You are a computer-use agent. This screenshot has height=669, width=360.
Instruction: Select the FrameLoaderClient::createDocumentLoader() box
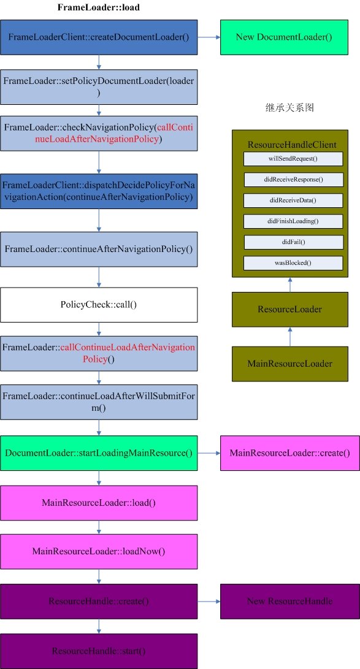pos(99,37)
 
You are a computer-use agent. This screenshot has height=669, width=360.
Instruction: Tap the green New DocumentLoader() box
pos(284,37)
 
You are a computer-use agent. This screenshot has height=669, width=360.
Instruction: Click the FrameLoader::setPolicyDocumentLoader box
pos(99,86)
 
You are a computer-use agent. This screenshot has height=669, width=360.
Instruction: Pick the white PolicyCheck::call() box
pos(99,304)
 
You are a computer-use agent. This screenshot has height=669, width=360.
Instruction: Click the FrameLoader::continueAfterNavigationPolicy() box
pos(99,249)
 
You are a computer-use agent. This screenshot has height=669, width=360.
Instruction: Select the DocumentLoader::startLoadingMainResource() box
pos(99,453)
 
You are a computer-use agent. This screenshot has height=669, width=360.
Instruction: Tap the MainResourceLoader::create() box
pos(289,453)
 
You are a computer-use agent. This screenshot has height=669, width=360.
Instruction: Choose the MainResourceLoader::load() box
pos(99,503)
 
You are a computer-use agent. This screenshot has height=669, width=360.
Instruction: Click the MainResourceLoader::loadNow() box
pos(99,551)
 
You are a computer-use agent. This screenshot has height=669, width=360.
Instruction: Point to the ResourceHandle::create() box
pos(99,601)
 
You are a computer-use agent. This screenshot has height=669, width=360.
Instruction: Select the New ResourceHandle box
pos(289,601)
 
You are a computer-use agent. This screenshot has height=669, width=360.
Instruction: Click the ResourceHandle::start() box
pos(99,651)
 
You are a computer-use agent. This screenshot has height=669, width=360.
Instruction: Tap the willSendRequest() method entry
pos(293,159)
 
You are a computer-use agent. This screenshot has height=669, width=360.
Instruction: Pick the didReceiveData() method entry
pos(293,201)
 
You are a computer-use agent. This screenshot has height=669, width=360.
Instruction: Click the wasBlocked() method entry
pos(293,263)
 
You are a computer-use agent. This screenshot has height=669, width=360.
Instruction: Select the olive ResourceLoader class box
pos(290,309)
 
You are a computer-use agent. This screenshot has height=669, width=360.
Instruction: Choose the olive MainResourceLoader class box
pos(290,364)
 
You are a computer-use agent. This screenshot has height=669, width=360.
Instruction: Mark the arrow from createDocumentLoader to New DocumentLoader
pos(209,37)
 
